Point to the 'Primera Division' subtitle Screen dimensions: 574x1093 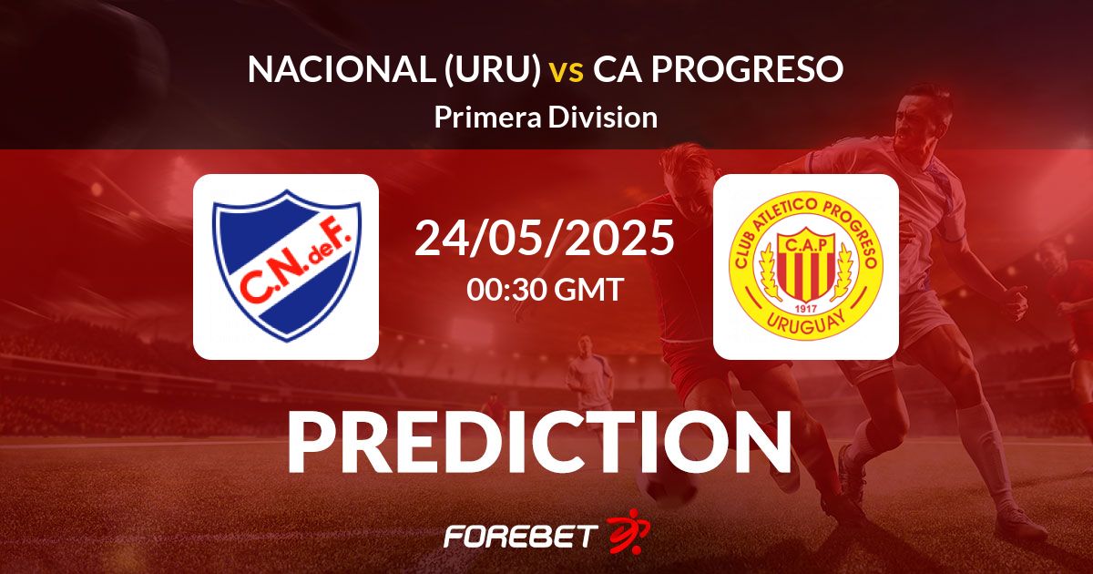tap(546, 118)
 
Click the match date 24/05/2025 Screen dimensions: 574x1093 tap(545, 238)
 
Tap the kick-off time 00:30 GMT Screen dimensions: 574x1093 tap(545, 290)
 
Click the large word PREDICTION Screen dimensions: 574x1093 tap(539, 442)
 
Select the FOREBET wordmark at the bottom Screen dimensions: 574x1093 tap(522, 535)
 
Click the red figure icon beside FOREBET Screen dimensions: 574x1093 tap(624, 530)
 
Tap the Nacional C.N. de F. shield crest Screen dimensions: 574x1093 tap(286, 266)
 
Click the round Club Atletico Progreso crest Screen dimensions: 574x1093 tap(806, 266)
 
